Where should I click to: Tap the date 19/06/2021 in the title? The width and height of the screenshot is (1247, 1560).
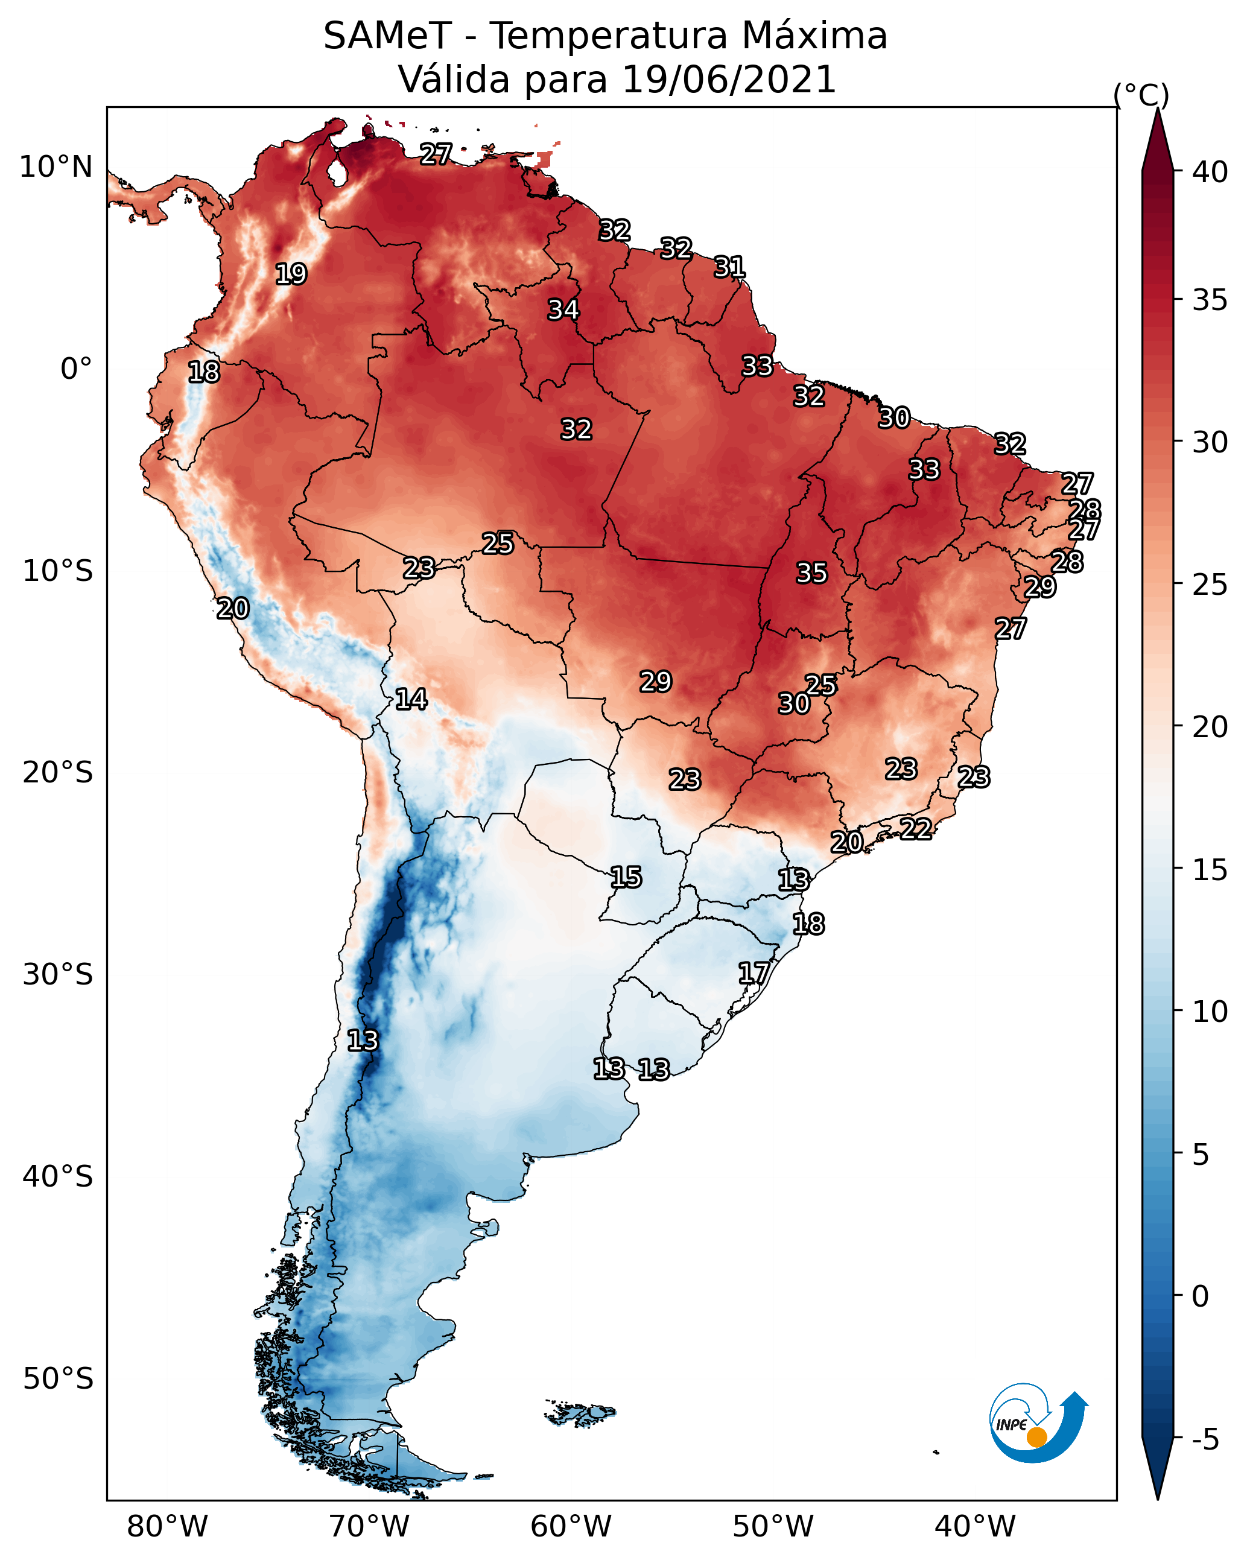pyautogui.click(x=728, y=80)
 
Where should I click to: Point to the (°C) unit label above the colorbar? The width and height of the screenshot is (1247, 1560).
pyautogui.click(x=1141, y=95)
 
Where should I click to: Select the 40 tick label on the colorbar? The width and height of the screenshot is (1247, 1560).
pyautogui.click(x=1210, y=172)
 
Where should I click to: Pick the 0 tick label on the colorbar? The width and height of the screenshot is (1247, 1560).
pyautogui.click(x=1200, y=1296)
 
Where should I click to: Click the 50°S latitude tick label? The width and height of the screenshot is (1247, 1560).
pyautogui.click(x=58, y=1379)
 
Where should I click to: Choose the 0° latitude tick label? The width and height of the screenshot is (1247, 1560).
pyautogui.click(x=76, y=369)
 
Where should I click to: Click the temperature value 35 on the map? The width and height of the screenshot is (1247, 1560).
pyautogui.click(x=811, y=573)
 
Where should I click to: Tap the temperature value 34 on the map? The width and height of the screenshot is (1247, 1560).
pyautogui.click(x=563, y=309)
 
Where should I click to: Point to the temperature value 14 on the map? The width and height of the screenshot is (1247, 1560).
pyautogui.click(x=411, y=699)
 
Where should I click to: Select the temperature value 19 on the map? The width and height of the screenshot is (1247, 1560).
pyautogui.click(x=291, y=274)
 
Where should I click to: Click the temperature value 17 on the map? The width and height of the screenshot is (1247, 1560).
pyautogui.click(x=754, y=972)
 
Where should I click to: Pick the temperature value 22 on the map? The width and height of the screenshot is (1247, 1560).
pyautogui.click(x=916, y=828)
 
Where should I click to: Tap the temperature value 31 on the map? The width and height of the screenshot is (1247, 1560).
pyautogui.click(x=729, y=267)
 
